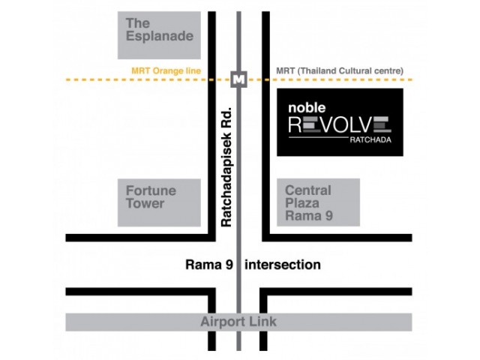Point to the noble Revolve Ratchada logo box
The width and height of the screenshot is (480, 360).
click(x=340, y=121)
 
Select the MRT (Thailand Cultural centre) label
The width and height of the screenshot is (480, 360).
click(x=340, y=71)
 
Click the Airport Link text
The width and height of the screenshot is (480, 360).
click(x=238, y=322)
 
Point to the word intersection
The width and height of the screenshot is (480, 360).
click(x=283, y=265)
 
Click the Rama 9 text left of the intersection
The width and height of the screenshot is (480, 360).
click(x=206, y=265)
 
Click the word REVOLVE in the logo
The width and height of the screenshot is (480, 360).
click(x=340, y=124)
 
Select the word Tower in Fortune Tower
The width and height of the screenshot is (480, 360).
click(x=145, y=203)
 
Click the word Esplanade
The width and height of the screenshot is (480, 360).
click(x=160, y=36)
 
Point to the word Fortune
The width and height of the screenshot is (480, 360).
click(x=151, y=190)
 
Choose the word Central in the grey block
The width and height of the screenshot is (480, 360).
click(x=308, y=190)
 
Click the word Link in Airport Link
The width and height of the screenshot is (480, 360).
click(x=264, y=322)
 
